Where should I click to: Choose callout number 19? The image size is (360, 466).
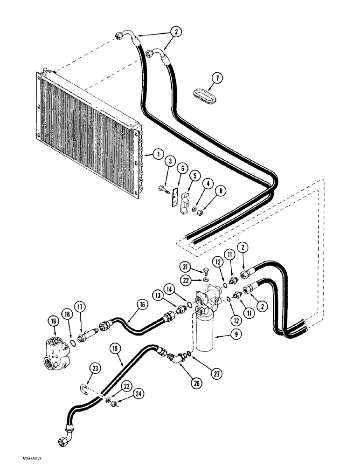pos(52,320)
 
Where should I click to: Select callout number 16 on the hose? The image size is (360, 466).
pos(128,305)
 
